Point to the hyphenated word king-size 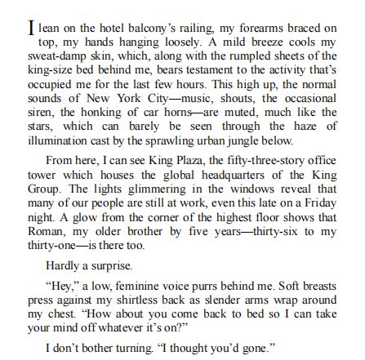point(51,64)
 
